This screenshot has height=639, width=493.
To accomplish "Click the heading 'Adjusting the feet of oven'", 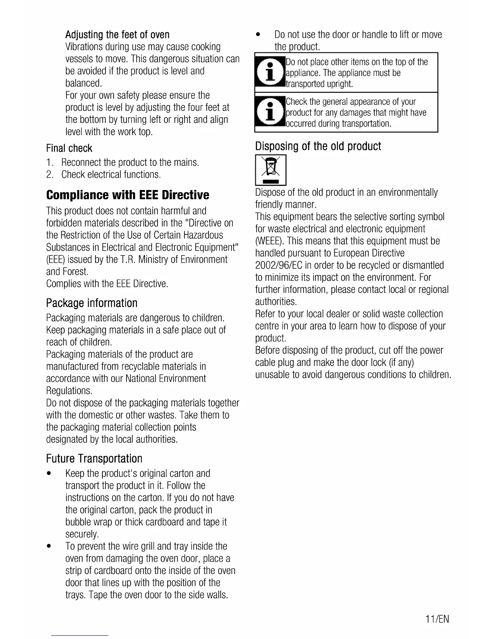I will pos(117,34).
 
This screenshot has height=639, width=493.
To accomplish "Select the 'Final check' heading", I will pos(69,148).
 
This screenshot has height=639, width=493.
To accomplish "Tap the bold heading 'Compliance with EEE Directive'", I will pos(128,195).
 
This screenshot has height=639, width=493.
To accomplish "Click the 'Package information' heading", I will pos(92,303).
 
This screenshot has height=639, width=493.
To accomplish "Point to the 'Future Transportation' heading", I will pos(94,459).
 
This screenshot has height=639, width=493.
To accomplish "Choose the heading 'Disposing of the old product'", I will pos(318,146).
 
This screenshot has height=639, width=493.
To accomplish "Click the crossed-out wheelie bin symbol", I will pos(271,169).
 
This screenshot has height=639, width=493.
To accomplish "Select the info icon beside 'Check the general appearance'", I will pos(270,112).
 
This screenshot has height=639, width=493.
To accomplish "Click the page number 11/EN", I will pos(437,619).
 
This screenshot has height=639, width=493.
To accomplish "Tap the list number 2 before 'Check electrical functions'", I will pos(49,175).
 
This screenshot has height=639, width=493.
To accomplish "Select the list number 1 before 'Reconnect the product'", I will pos(49,163).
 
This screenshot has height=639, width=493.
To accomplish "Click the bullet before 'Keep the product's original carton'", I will pos(49,473).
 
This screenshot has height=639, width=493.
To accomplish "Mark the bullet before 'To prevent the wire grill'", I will pos(49,546).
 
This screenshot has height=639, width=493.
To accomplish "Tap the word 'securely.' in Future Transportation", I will pos(82,534).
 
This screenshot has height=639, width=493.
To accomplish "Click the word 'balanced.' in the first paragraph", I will pos(84,83).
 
